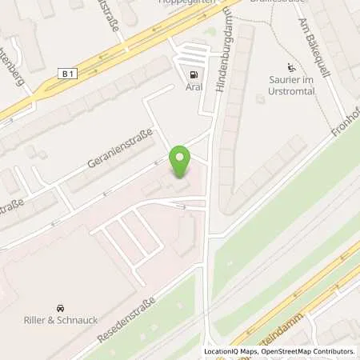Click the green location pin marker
(x=181, y=161)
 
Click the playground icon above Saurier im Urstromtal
(x=290, y=67)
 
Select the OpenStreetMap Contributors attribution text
(x=308, y=351)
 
